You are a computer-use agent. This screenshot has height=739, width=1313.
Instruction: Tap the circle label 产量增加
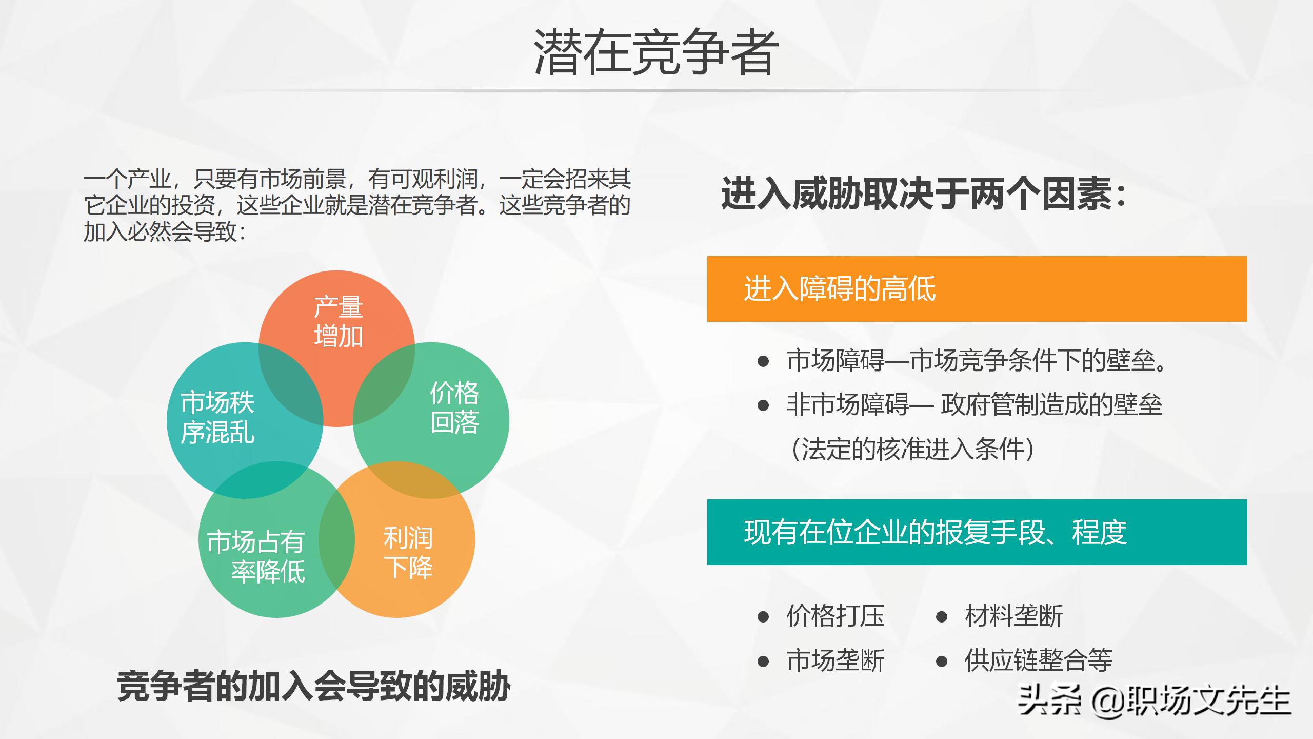tap(338, 322)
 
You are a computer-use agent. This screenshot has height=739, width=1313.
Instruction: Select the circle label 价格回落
tap(454, 407)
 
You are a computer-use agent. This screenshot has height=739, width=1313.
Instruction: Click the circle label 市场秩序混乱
tap(217, 417)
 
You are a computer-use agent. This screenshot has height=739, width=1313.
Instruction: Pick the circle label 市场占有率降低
tap(256, 556)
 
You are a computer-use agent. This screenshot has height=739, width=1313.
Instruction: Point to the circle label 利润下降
tap(408, 553)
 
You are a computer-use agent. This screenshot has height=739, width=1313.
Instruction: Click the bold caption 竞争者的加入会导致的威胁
tap(313, 687)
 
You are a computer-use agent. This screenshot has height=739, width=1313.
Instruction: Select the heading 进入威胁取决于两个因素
tap(923, 194)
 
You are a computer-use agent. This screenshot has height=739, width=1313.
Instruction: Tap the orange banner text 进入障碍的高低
tap(840, 289)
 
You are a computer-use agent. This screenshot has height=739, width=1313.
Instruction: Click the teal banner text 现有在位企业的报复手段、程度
tap(935, 532)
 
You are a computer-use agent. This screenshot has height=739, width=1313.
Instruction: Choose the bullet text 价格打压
tap(835, 616)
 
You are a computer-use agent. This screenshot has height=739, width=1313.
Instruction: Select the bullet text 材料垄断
tap(1014, 616)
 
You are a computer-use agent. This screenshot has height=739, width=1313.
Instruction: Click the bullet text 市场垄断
tap(835, 660)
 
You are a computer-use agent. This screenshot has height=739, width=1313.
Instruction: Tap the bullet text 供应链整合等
tap(1038, 660)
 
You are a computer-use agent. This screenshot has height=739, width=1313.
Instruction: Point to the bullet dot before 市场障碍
tap(763, 361)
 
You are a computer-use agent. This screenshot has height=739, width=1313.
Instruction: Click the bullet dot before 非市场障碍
tap(763, 405)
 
